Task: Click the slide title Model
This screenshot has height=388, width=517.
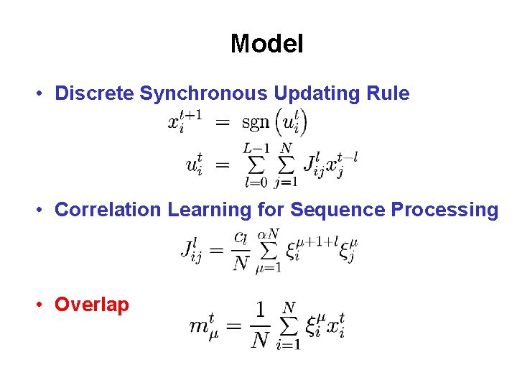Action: tap(266, 44)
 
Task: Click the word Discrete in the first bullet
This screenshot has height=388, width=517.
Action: tap(95, 93)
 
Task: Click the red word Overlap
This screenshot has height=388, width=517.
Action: tap(92, 305)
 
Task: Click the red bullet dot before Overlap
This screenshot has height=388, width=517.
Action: tap(43, 305)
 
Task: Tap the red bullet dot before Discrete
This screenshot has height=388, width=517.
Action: tap(43, 94)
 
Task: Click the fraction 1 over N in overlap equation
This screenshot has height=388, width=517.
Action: tap(260, 325)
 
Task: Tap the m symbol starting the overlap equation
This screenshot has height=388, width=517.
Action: tap(202, 325)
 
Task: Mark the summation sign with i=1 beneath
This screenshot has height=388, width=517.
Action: tap(288, 326)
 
